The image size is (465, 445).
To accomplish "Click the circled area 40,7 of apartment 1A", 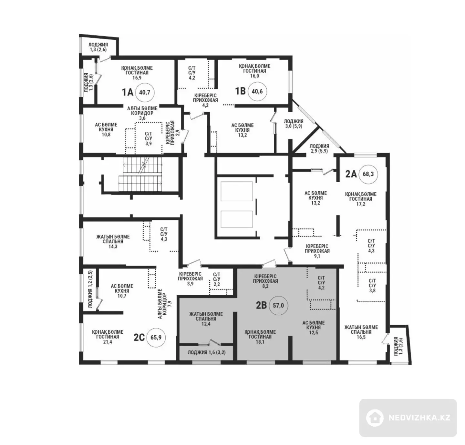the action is [145, 92].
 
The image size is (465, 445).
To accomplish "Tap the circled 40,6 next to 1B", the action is [257, 91].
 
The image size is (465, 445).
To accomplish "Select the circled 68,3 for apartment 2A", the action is [368, 174].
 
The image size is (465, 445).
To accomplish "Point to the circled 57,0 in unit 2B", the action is [278, 305].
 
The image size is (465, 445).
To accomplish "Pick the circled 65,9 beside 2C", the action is [156, 337].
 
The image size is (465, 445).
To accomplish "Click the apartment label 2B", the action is [261, 305].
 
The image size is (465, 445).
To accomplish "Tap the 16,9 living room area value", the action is [137, 77].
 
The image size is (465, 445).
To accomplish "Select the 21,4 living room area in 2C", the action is [108, 342].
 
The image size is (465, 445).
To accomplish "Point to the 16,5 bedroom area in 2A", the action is [361, 337].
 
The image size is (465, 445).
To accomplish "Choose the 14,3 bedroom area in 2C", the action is [113, 246].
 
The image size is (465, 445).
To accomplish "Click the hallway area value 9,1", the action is [317, 256].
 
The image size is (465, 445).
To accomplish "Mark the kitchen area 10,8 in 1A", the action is [106, 135].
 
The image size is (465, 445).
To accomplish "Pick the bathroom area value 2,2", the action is [217, 284].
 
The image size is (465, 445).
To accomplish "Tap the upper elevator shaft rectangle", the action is [237, 191].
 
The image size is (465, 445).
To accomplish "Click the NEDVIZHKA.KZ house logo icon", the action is [375, 418].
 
